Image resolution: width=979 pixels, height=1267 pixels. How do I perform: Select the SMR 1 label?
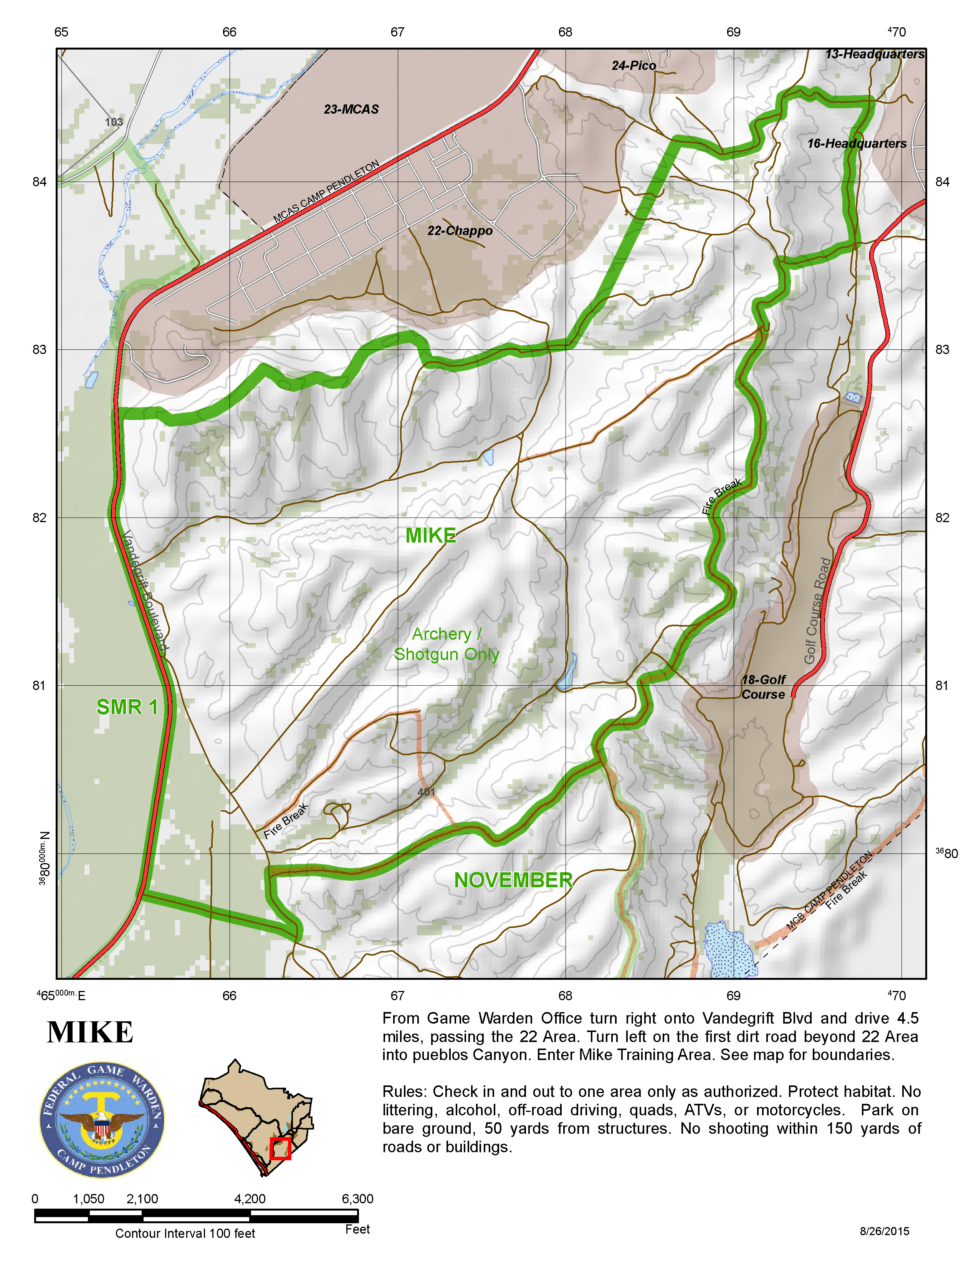(127, 707)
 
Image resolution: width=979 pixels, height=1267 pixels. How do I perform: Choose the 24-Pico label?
(633, 66)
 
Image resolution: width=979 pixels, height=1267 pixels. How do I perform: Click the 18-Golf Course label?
(763, 687)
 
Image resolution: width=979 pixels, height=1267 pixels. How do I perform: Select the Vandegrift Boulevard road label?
(145, 590)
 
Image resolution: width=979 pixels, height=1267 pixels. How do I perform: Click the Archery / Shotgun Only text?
(446, 644)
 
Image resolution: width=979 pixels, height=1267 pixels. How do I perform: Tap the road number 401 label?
(426, 792)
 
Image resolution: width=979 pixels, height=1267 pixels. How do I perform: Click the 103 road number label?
(114, 122)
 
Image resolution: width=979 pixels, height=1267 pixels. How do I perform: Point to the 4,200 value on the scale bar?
(250, 1199)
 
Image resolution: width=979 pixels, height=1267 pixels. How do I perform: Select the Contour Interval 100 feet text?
(185, 1233)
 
